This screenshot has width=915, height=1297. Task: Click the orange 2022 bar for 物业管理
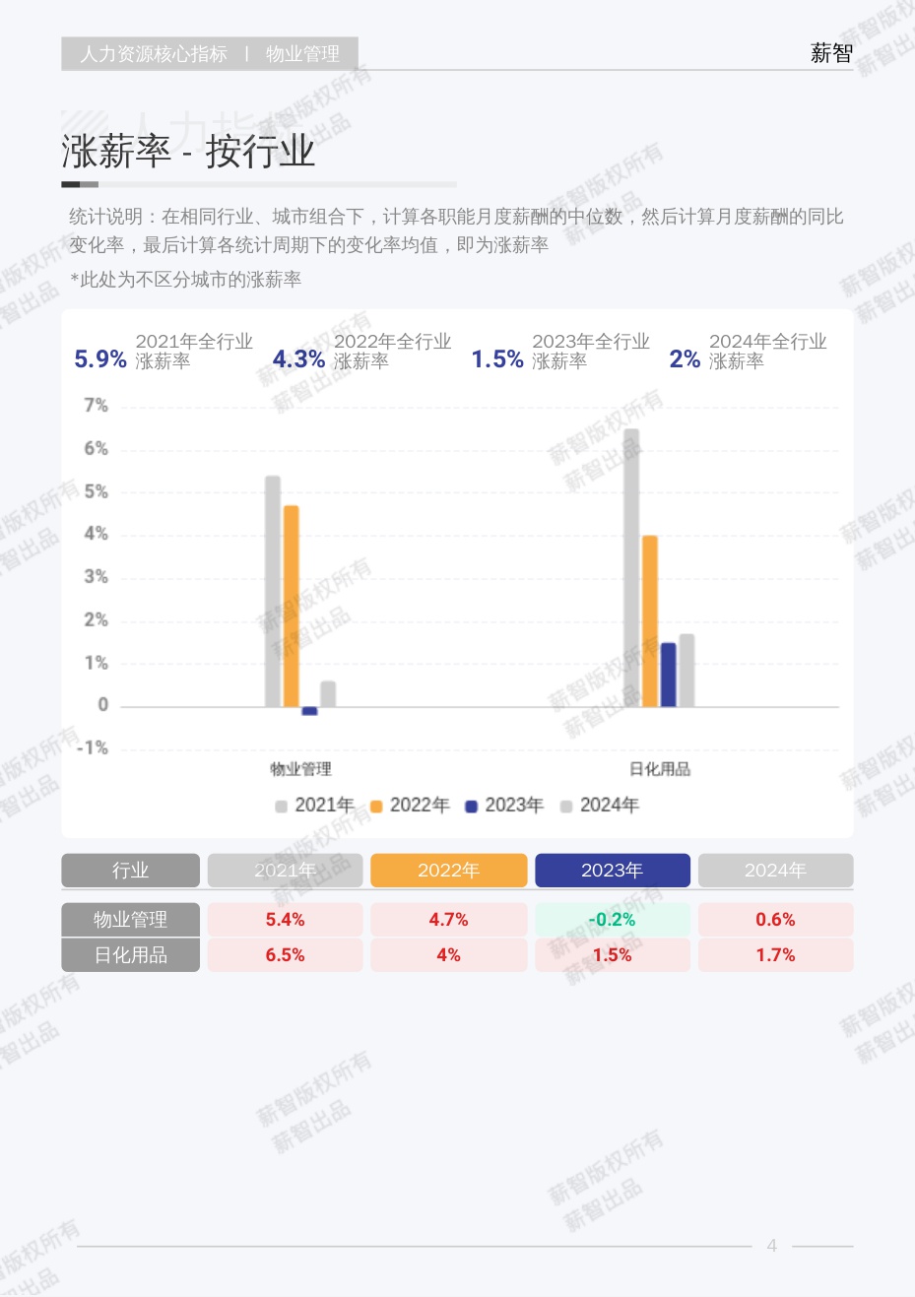(292, 606)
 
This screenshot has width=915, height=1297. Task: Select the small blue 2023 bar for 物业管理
(309, 710)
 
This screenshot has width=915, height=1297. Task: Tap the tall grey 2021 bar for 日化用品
(631, 567)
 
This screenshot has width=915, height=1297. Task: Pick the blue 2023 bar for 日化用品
(668, 675)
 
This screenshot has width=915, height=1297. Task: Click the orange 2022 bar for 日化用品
(650, 620)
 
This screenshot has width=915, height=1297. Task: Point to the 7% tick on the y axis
(96, 405)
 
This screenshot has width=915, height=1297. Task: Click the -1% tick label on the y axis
(93, 748)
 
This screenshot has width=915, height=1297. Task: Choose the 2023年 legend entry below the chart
(504, 806)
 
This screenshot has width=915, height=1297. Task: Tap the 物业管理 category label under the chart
(300, 769)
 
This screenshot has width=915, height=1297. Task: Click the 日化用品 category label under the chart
(660, 769)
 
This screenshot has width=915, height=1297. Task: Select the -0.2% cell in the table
(612, 920)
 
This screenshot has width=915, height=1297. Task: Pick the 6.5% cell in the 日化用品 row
(285, 955)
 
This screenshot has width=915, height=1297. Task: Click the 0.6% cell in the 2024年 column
(775, 920)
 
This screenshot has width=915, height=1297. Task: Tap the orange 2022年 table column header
(448, 871)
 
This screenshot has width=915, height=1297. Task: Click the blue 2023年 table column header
(612, 871)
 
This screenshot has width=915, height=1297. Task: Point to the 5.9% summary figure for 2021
(100, 359)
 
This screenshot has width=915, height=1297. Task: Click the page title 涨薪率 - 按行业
(188, 152)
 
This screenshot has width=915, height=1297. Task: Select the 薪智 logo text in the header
(831, 53)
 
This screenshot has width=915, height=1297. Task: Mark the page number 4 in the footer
(772, 1246)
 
